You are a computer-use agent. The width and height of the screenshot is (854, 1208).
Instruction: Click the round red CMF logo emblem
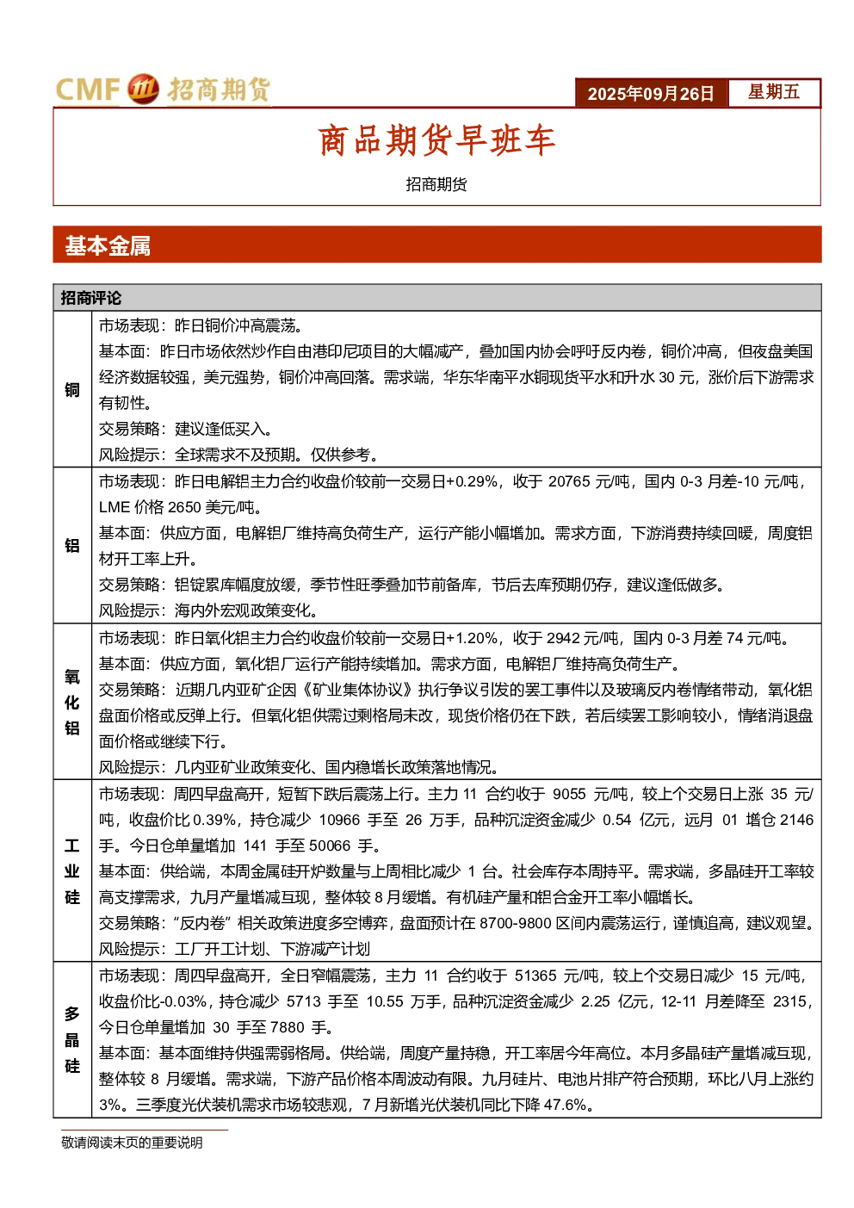pos(143,89)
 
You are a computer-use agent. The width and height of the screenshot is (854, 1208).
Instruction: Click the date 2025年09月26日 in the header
pos(651,94)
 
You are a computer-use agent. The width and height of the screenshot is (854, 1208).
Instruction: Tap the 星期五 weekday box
pos(774,92)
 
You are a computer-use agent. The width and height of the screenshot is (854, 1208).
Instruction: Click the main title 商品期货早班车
pos(436,140)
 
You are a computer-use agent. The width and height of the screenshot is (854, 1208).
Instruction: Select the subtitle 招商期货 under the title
pos(436,184)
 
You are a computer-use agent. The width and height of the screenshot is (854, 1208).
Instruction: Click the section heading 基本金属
pos(108,245)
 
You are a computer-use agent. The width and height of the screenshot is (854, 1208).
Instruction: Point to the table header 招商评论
pos(91,298)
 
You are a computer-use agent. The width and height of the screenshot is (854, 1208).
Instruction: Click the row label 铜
pos(72,390)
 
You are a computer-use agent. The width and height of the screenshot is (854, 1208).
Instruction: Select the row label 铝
pos(72,545)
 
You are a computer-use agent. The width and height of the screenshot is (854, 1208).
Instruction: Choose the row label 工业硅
pos(72,871)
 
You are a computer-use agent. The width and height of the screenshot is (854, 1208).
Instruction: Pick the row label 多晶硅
pos(72,1040)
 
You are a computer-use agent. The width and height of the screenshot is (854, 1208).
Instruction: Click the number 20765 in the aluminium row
pos(569,481)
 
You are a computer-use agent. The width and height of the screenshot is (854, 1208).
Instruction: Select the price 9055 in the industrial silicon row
pos(569,795)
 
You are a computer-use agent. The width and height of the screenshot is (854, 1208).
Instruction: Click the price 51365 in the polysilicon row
pos(535,976)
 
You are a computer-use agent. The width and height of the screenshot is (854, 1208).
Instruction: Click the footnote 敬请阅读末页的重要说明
pos(132,1143)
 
